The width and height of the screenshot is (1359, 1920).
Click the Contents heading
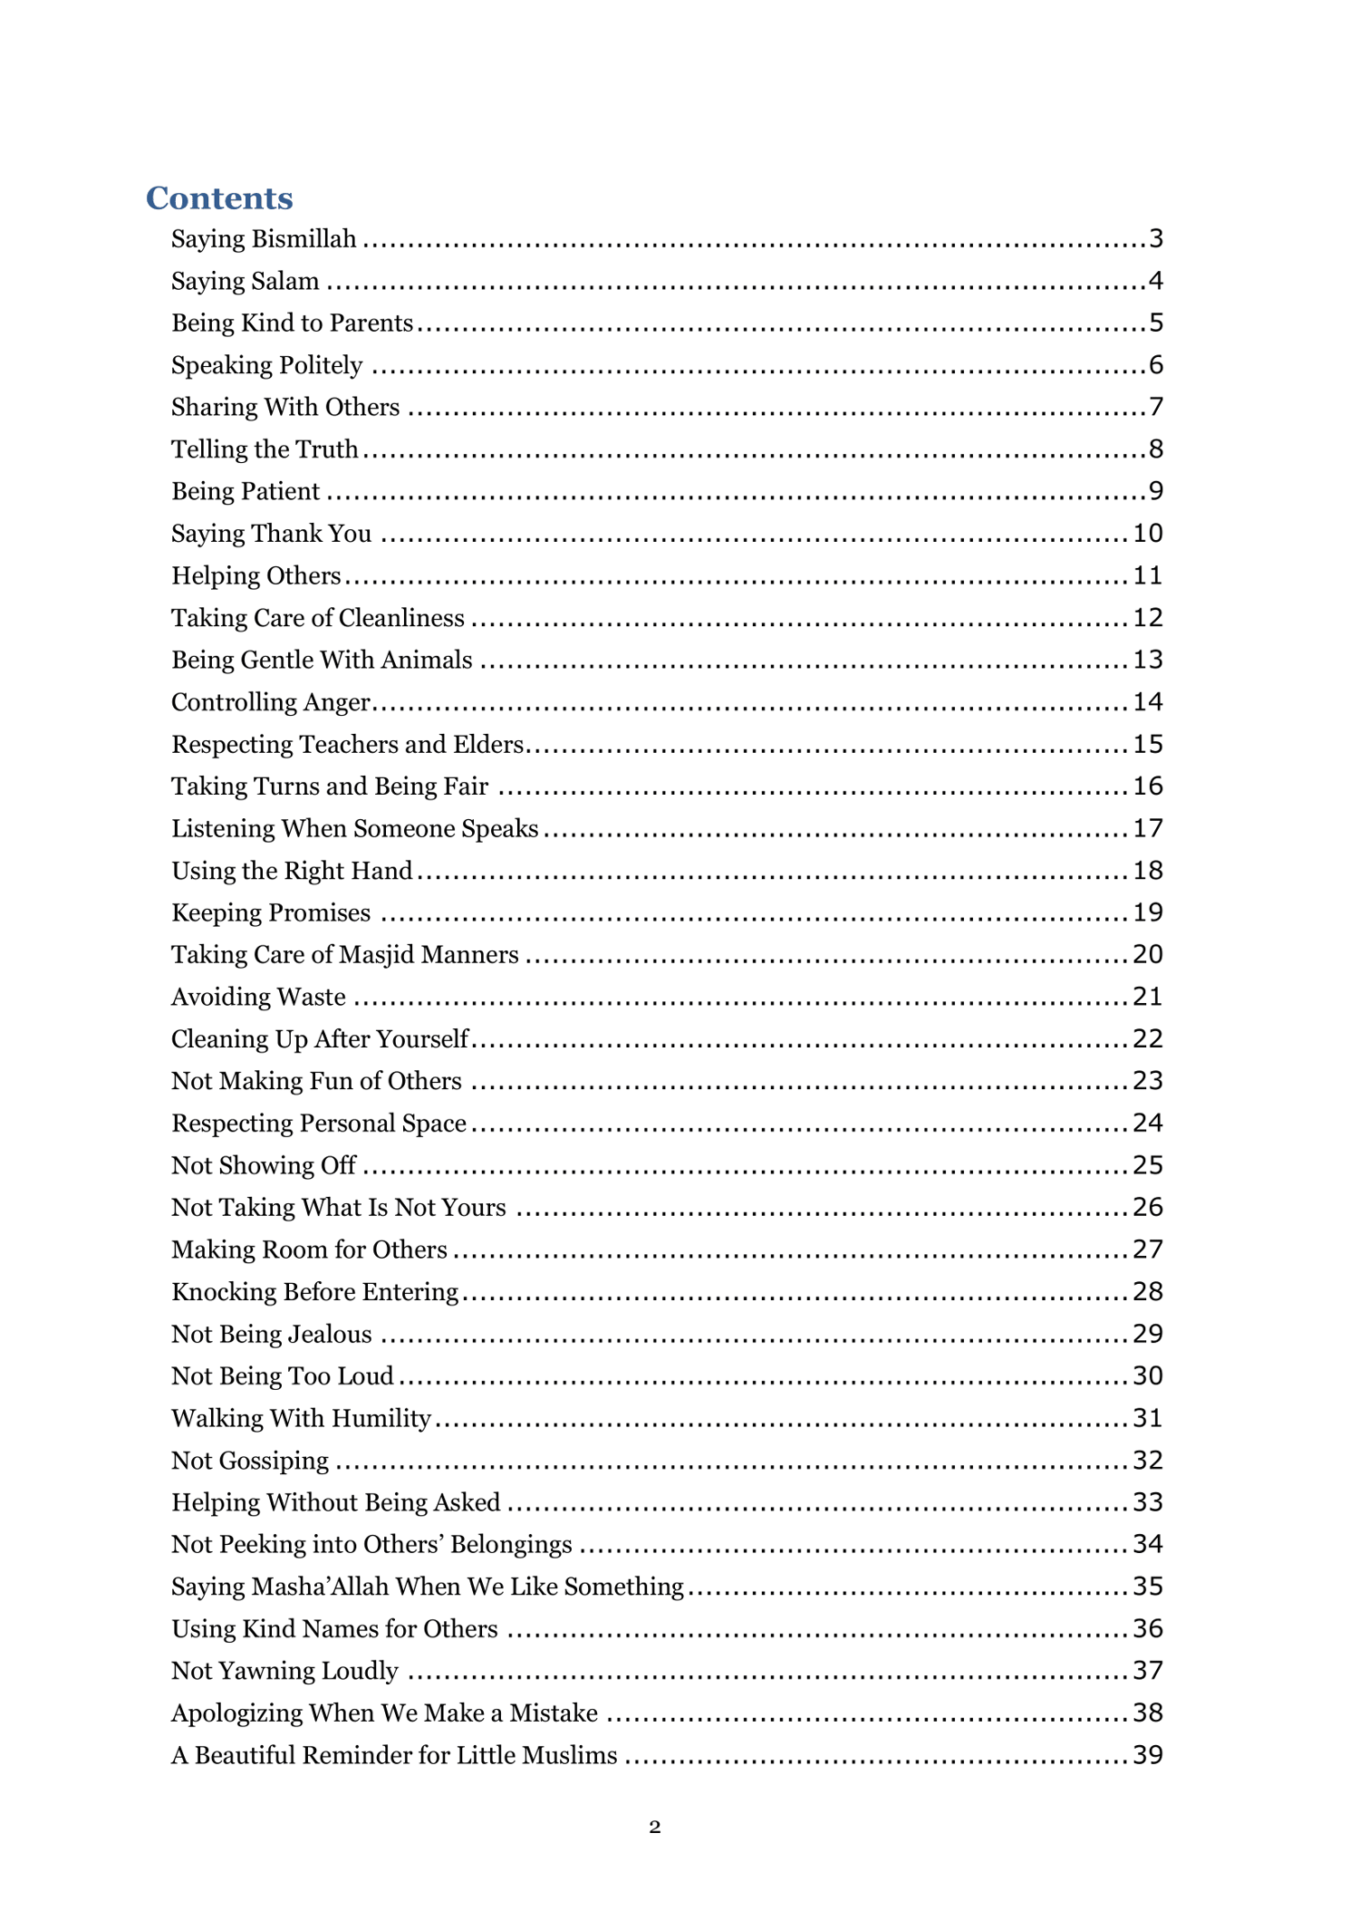219,198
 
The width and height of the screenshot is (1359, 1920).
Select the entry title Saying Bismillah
264,239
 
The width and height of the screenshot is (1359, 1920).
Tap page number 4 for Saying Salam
1155,281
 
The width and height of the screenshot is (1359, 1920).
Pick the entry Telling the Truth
265,449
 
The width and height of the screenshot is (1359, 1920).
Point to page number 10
1147,533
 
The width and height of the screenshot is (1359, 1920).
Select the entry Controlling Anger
271,702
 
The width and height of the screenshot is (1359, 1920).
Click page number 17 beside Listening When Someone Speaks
1147,828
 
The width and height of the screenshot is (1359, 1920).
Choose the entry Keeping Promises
271,912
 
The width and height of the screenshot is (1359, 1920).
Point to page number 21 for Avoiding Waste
1147,997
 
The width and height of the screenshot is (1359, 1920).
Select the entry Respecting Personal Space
319,1124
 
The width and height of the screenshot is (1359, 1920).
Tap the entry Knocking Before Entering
315,1292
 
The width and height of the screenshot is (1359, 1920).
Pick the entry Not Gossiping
250,1461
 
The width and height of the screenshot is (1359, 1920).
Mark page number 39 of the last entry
1147,1755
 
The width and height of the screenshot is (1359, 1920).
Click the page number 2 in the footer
655,1828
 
